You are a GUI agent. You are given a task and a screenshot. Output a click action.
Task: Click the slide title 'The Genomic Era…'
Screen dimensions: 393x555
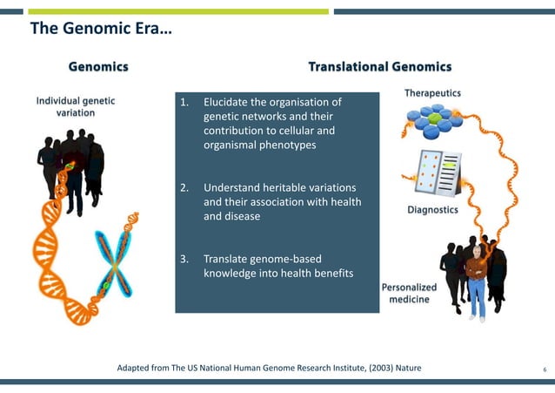[101, 30]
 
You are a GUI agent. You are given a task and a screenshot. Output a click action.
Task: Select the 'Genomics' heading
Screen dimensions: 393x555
[99, 67]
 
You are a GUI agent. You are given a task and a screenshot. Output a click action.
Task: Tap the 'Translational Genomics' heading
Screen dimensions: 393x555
[380, 67]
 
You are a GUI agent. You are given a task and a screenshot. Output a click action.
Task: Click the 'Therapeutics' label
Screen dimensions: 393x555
[432, 93]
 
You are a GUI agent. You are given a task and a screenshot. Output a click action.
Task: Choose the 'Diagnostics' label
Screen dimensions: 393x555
[432, 211]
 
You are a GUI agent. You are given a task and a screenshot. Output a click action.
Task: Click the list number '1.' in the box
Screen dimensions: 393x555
[184, 102]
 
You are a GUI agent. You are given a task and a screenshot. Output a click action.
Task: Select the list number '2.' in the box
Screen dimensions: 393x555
[184, 187]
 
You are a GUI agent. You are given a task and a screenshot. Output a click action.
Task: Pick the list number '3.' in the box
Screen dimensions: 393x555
[184, 259]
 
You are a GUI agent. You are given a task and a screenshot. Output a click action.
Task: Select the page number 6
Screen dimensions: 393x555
[544, 369]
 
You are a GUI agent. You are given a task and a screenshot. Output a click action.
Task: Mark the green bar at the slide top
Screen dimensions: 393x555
[178, 11]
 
